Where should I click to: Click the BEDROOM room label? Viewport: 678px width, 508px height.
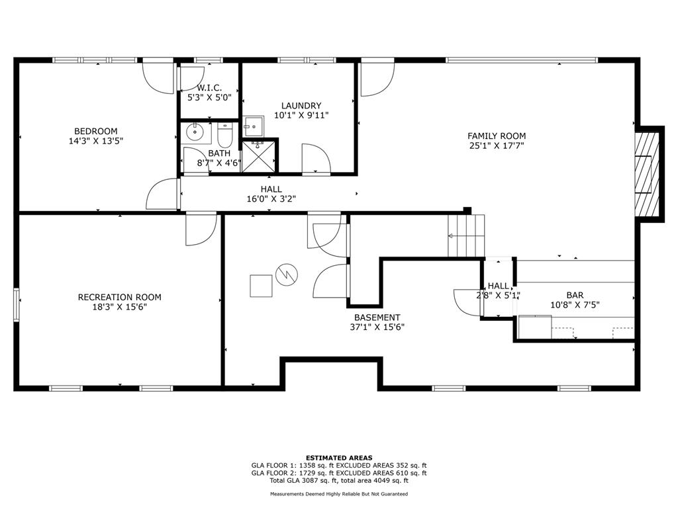[95, 131]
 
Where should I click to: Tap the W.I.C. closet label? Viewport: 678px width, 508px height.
[209, 88]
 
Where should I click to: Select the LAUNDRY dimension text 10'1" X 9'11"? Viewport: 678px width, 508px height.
[301, 115]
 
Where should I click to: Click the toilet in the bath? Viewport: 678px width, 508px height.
[225, 135]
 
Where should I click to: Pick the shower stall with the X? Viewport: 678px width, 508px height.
[258, 156]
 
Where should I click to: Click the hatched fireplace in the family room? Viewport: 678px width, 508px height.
[647, 174]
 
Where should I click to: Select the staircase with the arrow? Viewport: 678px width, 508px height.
[466, 236]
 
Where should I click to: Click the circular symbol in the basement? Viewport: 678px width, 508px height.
[287, 275]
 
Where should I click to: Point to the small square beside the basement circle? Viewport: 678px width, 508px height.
[261, 286]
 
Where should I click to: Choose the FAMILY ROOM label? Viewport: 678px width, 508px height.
[497, 136]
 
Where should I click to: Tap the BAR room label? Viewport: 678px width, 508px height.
[575, 295]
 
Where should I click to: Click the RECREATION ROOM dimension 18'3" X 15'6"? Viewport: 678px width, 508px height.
[119, 307]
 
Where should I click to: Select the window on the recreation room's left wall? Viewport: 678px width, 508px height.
[17, 305]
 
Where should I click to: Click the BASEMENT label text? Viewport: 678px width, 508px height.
[377, 317]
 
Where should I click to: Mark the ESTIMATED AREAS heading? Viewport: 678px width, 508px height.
[339, 458]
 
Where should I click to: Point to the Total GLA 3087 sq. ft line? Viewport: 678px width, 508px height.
[339, 480]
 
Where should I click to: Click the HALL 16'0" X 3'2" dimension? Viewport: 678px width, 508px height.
[271, 199]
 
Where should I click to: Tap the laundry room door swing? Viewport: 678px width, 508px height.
[316, 159]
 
